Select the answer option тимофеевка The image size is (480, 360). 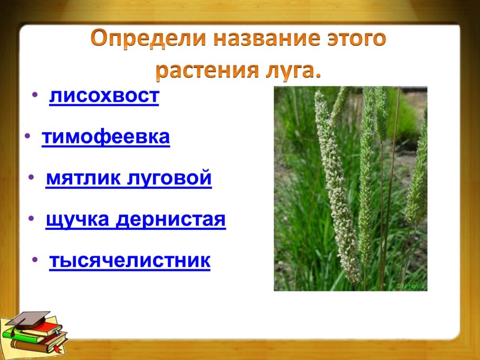(x=105, y=137)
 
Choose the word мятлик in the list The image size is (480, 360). (x=83, y=178)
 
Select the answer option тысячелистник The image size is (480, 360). (x=129, y=260)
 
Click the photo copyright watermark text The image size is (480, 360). (x=411, y=286)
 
